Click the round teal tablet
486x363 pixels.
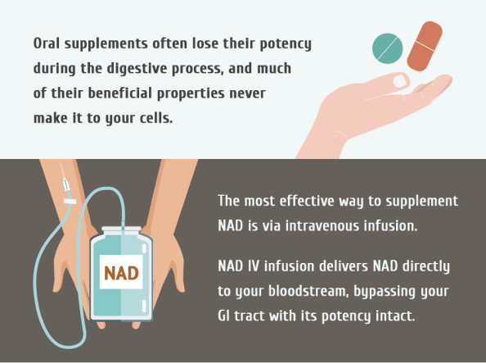[x=388, y=48]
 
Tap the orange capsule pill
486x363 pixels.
[x=425, y=46]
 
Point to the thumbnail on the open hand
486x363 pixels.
[x=400, y=81]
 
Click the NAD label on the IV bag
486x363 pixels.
[x=121, y=272]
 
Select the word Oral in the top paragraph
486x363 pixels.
[x=46, y=43]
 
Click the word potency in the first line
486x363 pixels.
[x=286, y=44]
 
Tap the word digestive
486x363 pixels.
[x=137, y=69]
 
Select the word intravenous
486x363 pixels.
[x=322, y=226]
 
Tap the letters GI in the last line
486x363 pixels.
[x=223, y=316]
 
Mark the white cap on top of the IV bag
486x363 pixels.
[x=121, y=229]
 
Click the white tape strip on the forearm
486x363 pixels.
[x=70, y=202]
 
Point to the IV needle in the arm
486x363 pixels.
[x=64, y=176]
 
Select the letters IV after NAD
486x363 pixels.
[x=254, y=266]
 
